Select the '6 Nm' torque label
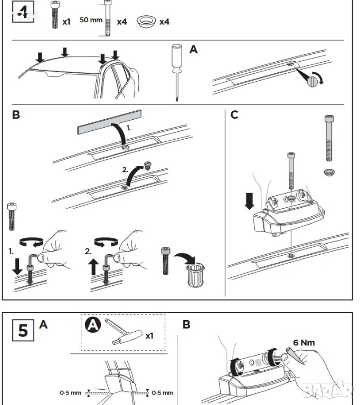[304, 342]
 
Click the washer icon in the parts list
[145, 22]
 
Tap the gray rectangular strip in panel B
[110, 121]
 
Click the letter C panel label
[234, 114]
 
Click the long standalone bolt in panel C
[329, 138]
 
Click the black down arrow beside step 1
[18, 264]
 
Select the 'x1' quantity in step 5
[150, 335]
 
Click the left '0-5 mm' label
[70, 392]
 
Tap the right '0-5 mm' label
[162, 392]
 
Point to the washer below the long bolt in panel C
[328, 172]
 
